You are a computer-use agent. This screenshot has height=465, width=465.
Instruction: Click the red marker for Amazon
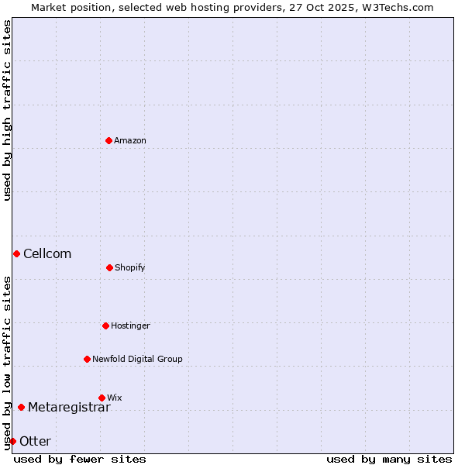pyautogui.click(x=108, y=140)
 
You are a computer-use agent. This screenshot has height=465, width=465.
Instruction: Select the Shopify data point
pyautogui.click(x=109, y=267)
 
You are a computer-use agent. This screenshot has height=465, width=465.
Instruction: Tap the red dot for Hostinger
pyautogui.click(x=105, y=325)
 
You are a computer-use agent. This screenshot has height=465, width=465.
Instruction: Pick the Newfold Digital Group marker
pyautogui.click(x=87, y=359)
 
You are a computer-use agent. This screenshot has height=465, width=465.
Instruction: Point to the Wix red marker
pyautogui.click(x=102, y=398)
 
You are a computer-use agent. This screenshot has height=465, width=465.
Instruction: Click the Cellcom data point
pyautogui.click(x=16, y=253)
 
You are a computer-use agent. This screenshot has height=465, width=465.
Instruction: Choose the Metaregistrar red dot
pyautogui.click(x=21, y=407)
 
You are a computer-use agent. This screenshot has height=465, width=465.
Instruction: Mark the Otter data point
pyautogui.click(x=12, y=441)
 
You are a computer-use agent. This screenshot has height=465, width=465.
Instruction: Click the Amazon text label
pyautogui.click(x=130, y=140)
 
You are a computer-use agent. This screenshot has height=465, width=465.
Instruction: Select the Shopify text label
pyautogui.click(x=130, y=267)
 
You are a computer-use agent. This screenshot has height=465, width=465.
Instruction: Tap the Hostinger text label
pyautogui.click(x=130, y=325)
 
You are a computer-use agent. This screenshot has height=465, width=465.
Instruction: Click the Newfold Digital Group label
pyautogui.click(x=137, y=359)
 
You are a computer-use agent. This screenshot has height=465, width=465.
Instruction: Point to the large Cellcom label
pyautogui.click(x=47, y=253)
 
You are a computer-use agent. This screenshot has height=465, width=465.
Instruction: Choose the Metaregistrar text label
pyautogui.click(x=69, y=407)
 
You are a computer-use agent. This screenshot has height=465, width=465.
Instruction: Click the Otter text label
pyautogui.click(x=35, y=441)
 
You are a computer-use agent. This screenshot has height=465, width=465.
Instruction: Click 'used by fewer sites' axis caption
pyautogui.click(x=80, y=459)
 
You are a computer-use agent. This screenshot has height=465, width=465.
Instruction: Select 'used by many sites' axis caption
pyautogui.click(x=389, y=459)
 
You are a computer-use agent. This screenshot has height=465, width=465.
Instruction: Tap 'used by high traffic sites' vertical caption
pyautogui.click(x=7, y=109)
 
